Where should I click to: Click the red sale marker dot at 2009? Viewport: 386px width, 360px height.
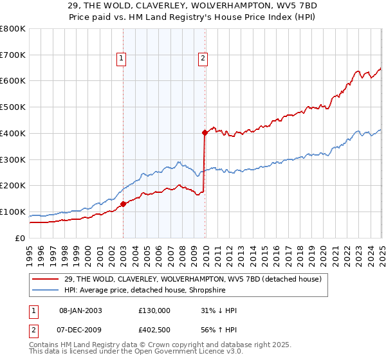pyautogui.click(x=205, y=133)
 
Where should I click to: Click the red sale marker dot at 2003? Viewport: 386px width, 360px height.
pyautogui.click(x=123, y=204)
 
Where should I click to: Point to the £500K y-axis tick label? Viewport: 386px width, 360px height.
pyautogui.click(x=13, y=107)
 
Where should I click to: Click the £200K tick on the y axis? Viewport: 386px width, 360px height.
pyautogui.click(x=13, y=185)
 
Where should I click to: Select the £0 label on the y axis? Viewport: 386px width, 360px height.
pyautogui.click(x=21, y=238)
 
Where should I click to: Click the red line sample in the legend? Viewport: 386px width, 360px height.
pyautogui.click(x=46, y=278)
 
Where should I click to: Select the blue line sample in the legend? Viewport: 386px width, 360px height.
pyautogui.click(x=46, y=290)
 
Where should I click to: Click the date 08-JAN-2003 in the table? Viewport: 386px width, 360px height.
pyautogui.click(x=80, y=310)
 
